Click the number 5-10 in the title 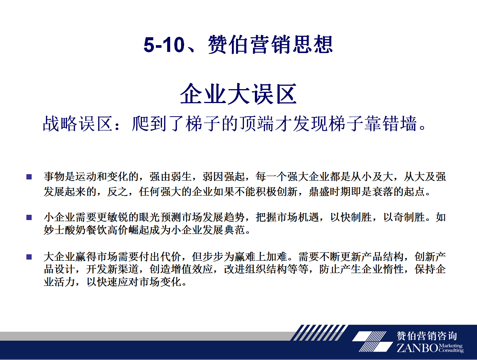pos(164,45)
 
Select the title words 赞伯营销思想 pos(270,44)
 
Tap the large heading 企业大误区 pos(238,94)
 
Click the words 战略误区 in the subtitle pos(78,123)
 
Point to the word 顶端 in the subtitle pos(257,123)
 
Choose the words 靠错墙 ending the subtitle pos(390,123)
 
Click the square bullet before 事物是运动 pos(29,177)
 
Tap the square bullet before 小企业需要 pos(29,217)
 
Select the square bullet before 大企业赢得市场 pos(29,257)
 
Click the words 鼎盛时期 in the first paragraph pos(329,192)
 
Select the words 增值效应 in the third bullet pos(192,269)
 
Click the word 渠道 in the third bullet pos(128,269)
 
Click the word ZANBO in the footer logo pos(417,348)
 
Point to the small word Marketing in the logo pos(451,345)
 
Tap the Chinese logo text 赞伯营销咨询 pos(427,336)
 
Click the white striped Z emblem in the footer pos(372,342)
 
